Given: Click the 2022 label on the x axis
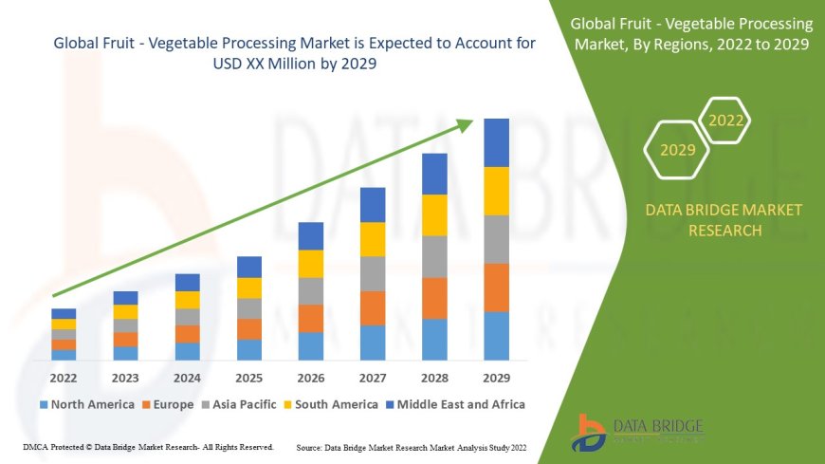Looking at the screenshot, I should coord(64,377).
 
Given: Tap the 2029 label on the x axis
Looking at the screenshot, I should coord(497,377).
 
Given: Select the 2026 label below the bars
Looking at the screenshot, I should coord(311,377).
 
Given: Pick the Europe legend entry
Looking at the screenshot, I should coord(171,404).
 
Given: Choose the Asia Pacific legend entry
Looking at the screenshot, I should coord(241,404).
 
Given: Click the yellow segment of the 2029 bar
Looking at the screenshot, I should coord(497,191).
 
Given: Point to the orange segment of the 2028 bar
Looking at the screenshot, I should coord(434,298).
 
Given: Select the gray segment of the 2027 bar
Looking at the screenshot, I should coord(373,273).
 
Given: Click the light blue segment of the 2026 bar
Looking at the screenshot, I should coord(311,345).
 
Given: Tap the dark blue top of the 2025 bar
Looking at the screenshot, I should coord(249,267).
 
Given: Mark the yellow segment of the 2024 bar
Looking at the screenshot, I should coord(188,300).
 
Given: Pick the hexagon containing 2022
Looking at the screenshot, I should coord(726,121).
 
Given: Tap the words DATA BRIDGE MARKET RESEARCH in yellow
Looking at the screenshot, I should coord(724,220).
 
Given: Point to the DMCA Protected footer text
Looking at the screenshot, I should coord(147,446).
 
